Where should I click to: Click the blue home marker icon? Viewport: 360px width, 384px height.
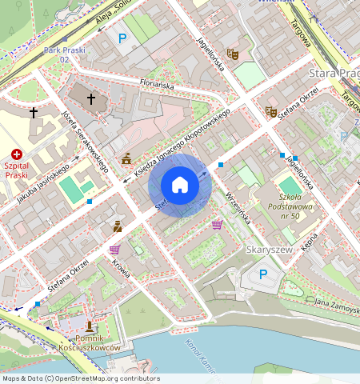pos(180,186)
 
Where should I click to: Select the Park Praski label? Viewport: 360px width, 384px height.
pos(62,54)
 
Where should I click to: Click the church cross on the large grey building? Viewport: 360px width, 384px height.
pos(91,99)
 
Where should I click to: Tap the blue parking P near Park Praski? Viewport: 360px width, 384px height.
pos(122,38)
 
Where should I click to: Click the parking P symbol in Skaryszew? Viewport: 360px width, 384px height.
pos(265,274)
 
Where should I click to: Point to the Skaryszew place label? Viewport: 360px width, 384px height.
pos(267,250)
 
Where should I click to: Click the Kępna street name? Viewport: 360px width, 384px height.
pos(310,241)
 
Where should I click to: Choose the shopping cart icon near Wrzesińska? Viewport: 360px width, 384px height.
pos(217,225)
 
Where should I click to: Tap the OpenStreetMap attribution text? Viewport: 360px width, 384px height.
pos(80,378)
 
